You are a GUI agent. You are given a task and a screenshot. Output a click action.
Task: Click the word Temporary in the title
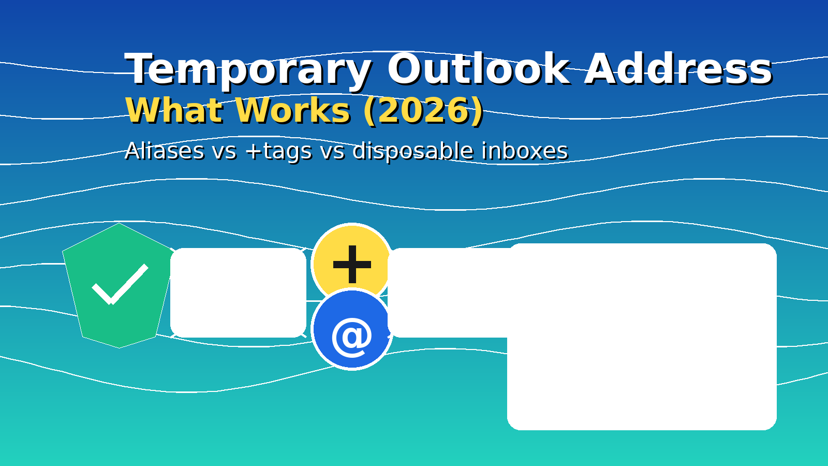(247, 70)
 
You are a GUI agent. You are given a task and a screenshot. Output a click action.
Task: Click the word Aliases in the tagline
(165, 151)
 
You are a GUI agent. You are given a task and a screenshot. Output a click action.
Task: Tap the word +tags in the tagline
(279, 151)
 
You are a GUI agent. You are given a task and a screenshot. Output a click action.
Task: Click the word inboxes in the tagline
(524, 151)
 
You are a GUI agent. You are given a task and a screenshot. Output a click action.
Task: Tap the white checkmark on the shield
(120, 284)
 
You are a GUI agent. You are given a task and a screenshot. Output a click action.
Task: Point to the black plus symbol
(352, 264)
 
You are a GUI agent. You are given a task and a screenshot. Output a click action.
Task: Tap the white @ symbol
(352, 337)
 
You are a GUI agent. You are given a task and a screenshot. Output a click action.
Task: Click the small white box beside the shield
(238, 293)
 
